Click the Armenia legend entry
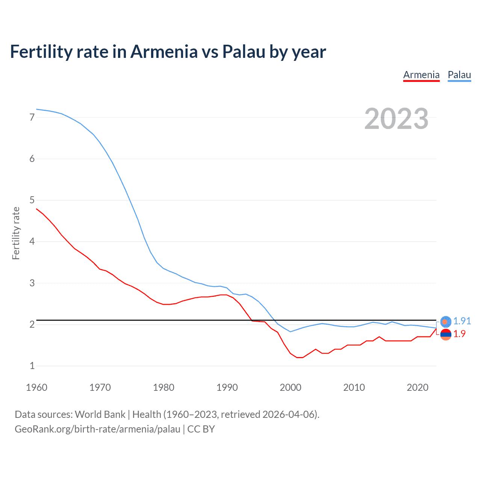pyautogui.click(x=421, y=75)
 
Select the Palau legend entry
pyautogui.click(x=459, y=75)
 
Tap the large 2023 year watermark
pyautogui.click(x=396, y=119)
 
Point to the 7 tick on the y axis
pyautogui.click(x=32, y=117)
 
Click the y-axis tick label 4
pyautogui.click(x=32, y=241)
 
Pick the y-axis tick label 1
pyautogui.click(x=32, y=366)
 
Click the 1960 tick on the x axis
pyautogui.click(x=36, y=387)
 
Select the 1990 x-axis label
pyautogui.click(x=227, y=387)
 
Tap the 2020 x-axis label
pyautogui.click(x=417, y=387)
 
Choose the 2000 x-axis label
pyautogui.click(x=290, y=387)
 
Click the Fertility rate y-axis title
pyautogui.click(x=16, y=233)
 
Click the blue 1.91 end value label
pyautogui.click(x=462, y=321)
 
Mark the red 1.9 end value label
pyautogui.click(x=459, y=334)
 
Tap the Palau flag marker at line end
pyautogui.click(x=446, y=321)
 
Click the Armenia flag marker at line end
pyautogui.click(x=446, y=334)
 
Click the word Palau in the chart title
pyautogui.click(x=244, y=51)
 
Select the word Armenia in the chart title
pyautogui.click(x=164, y=51)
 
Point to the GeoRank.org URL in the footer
pyautogui.click(x=97, y=429)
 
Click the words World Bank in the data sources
pyautogui.click(x=100, y=414)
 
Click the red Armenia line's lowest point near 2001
pyautogui.click(x=299, y=357)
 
